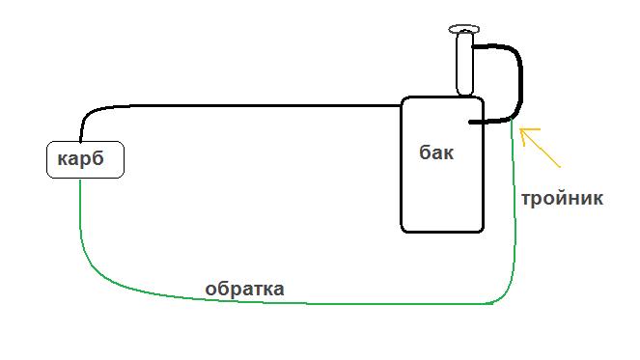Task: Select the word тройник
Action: [x=562, y=199]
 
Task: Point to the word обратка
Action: [x=244, y=289]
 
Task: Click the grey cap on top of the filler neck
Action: [x=464, y=30]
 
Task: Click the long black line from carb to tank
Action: [x=241, y=105]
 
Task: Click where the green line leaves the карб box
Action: [x=80, y=180]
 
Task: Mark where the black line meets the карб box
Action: [x=81, y=141]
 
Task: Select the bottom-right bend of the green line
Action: [x=502, y=297]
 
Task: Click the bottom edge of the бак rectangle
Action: [x=442, y=232]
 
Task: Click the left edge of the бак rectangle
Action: [x=402, y=164]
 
